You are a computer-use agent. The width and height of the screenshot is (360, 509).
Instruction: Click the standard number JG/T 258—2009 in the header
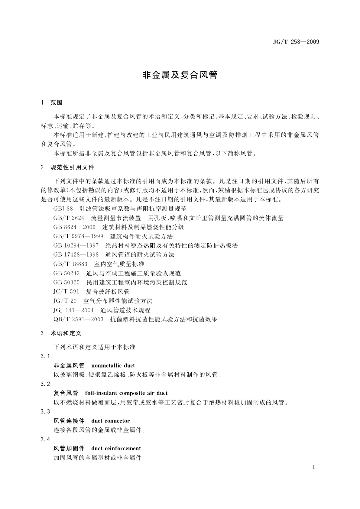coord(296,42)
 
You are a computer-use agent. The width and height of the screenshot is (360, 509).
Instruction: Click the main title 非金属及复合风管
coord(180,75)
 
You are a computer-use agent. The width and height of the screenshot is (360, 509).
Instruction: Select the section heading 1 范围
coord(52,103)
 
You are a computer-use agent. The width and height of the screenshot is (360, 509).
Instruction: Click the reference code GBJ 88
coord(63,209)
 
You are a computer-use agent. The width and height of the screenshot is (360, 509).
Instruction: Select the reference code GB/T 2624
coord(69,218)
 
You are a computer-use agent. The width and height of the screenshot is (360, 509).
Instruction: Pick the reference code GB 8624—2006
coord(74,227)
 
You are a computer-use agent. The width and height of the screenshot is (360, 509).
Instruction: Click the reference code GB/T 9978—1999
coord(78,236)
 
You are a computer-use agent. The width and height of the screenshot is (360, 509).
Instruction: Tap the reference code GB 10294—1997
coord(76,245)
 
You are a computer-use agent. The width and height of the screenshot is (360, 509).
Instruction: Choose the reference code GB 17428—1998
coord(76,255)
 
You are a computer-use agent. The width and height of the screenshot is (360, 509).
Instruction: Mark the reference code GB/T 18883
coord(70,264)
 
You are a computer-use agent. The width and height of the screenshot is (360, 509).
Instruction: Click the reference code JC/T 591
coord(66,292)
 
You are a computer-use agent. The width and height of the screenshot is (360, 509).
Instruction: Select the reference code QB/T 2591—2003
coord(78,319)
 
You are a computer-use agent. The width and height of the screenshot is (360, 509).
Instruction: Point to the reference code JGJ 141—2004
coord(73,310)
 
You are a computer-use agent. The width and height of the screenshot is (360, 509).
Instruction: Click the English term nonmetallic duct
coord(113,365)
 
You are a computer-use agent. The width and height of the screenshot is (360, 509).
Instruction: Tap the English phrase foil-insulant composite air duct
coord(126,393)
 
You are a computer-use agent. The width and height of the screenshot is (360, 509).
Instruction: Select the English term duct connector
coord(110,421)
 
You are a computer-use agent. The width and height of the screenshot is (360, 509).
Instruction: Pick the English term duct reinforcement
coord(116,448)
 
